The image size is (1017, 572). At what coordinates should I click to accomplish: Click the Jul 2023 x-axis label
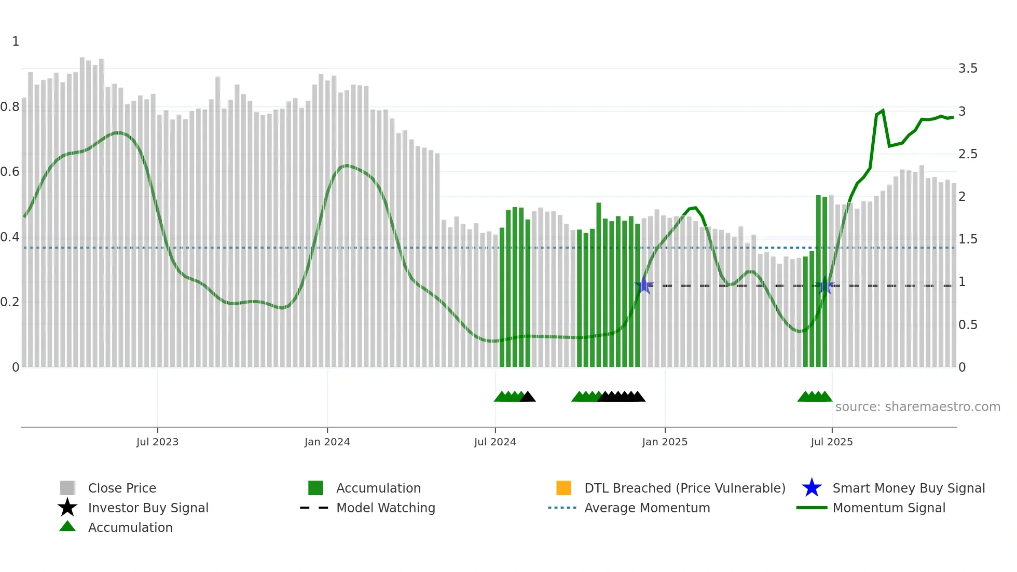coord(157,442)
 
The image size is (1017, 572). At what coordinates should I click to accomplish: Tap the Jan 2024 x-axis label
coord(327,442)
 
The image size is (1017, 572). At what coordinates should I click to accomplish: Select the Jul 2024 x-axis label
coord(495,442)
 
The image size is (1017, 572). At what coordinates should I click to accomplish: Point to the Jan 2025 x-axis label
coord(665,442)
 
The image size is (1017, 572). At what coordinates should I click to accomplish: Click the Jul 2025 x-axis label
coord(832,442)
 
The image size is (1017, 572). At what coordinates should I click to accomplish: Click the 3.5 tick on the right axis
coord(968,69)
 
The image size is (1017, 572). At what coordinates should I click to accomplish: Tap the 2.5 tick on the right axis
coord(968,154)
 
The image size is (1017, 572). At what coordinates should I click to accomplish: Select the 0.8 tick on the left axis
coord(10,107)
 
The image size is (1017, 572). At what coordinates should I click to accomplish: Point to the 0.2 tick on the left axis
coord(10,302)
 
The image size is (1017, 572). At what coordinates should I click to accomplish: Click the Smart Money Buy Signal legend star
coord(812,488)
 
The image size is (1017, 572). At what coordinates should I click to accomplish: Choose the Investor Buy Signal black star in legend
coord(67,508)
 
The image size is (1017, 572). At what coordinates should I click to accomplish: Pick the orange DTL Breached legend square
coord(564,488)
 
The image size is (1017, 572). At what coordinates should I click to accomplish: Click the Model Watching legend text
coord(386,508)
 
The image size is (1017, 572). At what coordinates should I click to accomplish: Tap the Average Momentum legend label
coord(647,508)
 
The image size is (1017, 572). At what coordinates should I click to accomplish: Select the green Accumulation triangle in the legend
coord(67,527)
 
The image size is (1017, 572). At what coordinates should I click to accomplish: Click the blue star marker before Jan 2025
coord(644,285)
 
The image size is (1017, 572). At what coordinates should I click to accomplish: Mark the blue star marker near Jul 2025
coord(824,285)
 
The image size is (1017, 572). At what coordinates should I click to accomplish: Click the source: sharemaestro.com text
coord(917,407)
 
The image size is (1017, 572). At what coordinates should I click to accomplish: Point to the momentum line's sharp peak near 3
coord(883,111)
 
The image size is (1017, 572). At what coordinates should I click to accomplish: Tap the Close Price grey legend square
coord(67,488)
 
